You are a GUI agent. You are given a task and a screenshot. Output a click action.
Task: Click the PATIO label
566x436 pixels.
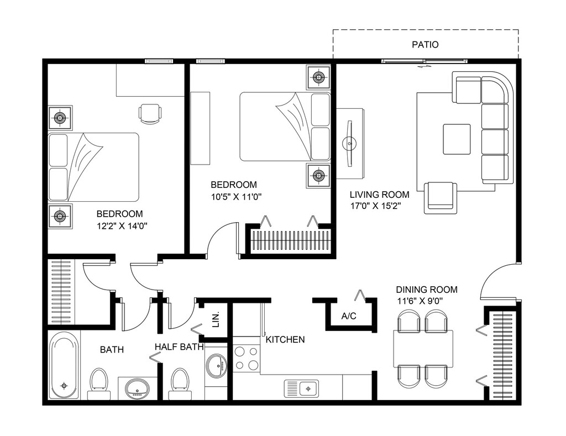[x=425, y=45]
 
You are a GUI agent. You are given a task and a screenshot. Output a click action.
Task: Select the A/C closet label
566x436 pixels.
[x=349, y=316]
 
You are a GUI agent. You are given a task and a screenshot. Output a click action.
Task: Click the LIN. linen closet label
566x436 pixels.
[x=216, y=319]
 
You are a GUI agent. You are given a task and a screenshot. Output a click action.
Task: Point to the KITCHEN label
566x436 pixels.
[x=285, y=340]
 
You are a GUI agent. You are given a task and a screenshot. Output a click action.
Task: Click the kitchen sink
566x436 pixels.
[x=301, y=388]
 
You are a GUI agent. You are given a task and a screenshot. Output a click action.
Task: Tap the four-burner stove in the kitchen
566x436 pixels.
[x=246, y=359]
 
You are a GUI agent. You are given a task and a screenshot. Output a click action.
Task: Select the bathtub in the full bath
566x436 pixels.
[x=64, y=365]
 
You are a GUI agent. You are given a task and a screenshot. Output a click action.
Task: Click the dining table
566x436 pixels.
[x=423, y=349]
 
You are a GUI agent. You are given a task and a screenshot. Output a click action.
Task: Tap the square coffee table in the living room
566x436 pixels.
[x=457, y=139]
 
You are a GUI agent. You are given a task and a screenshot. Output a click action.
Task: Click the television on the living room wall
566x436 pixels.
[x=349, y=143]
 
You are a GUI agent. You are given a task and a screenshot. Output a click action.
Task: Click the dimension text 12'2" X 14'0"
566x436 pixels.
[x=122, y=226]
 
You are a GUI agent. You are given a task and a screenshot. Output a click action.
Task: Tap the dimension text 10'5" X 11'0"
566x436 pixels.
[x=236, y=197]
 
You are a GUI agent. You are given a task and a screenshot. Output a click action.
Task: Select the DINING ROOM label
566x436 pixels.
[x=427, y=290]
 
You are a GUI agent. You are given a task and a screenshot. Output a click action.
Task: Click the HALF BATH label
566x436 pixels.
[x=180, y=347]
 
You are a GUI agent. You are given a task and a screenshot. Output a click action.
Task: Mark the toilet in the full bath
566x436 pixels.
[x=99, y=384]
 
